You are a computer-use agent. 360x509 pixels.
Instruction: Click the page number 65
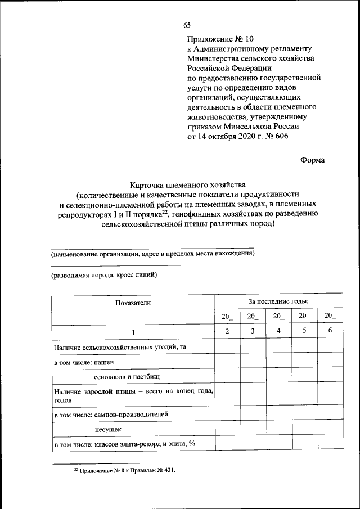(x=187, y=24)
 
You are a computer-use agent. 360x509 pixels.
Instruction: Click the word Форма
(x=312, y=160)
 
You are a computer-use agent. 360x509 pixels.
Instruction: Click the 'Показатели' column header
(x=133, y=303)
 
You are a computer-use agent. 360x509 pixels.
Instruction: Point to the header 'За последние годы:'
(x=278, y=302)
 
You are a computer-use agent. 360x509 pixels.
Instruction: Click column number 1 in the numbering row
(x=133, y=332)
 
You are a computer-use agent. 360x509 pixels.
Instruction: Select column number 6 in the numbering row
(x=330, y=331)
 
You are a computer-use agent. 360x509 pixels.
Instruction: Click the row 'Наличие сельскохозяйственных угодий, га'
(x=120, y=348)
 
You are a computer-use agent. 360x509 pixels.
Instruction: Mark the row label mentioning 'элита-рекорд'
(x=124, y=444)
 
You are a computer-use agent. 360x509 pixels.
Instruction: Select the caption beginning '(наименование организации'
(x=152, y=254)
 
